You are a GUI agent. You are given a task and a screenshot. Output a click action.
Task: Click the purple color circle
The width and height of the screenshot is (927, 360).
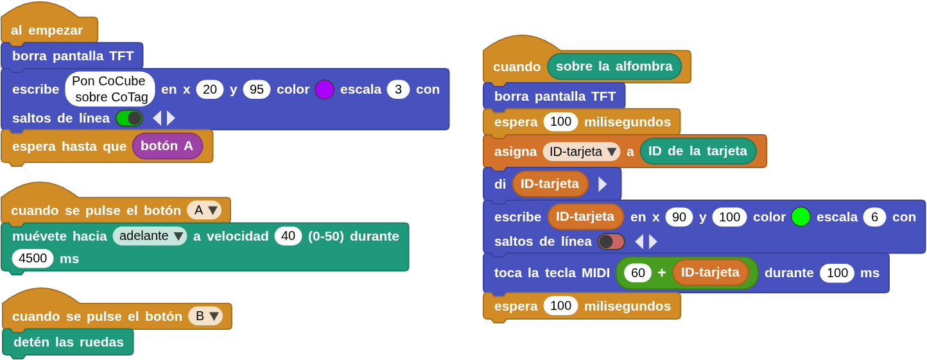(324, 89)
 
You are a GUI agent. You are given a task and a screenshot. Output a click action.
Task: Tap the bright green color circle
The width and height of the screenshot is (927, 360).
(801, 217)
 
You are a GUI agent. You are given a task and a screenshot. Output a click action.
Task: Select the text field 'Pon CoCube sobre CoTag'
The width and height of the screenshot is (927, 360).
(110, 89)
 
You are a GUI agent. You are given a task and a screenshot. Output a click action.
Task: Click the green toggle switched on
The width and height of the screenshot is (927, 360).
(129, 118)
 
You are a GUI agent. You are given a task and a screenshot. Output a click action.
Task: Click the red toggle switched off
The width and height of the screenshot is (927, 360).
(611, 241)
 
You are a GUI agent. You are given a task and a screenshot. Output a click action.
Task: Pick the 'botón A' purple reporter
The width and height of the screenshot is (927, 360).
(167, 146)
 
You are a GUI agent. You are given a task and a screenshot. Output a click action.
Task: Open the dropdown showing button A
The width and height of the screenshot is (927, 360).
(204, 210)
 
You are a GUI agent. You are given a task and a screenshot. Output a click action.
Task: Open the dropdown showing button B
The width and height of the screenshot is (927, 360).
(205, 316)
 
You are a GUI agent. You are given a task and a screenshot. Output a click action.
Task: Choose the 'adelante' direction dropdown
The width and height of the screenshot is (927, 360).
(150, 236)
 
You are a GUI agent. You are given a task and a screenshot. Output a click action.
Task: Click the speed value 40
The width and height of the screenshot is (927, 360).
(288, 236)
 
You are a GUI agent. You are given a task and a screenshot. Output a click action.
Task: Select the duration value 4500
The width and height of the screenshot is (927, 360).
(33, 258)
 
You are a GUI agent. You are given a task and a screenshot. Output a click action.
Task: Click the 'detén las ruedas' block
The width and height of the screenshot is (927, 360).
(68, 342)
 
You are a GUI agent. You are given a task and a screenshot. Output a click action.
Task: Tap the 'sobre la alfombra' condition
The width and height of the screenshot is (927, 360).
(614, 66)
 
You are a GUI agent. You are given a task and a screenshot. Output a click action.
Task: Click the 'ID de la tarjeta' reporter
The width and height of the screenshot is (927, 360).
(698, 151)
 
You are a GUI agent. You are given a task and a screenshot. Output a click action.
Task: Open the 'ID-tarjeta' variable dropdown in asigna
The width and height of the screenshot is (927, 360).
(581, 151)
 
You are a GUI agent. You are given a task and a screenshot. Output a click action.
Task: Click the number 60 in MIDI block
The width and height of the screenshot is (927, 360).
(637, 273)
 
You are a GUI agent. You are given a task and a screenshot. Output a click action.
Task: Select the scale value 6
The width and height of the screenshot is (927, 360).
(874, 217)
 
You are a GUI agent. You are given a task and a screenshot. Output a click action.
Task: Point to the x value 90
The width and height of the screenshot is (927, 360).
(679, 217)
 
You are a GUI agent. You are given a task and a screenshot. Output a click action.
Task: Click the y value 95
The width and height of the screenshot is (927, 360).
(256, 89)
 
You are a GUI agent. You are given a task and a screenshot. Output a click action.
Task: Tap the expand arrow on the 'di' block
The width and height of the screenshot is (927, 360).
(602, 184)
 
